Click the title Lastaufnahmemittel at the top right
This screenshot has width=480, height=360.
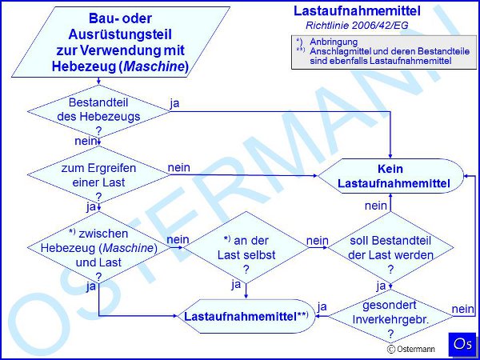click(357, 11)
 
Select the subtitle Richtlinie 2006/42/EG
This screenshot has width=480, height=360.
click(357, 26)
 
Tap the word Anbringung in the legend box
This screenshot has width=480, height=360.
click(334, 42)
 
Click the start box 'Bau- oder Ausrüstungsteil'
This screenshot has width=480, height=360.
click(121, 42)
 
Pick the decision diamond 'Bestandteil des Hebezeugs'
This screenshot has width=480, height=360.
click(98, 111)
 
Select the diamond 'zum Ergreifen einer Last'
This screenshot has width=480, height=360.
click(98, 174)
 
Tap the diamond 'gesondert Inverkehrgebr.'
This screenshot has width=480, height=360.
click(390, 317)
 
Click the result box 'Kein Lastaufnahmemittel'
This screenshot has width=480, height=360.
click(390, 176)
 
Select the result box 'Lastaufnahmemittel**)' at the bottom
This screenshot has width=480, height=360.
click(246, 317)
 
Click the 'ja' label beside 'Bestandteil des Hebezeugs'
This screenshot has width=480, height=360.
click(174, 103)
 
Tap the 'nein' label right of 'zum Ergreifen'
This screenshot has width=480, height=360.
click(178, 167)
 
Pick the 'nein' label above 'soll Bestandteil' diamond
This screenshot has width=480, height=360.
click(376, 206)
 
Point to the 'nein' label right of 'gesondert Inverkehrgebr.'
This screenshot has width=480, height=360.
click(463, 309)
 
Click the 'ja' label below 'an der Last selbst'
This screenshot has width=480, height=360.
click(236, 286)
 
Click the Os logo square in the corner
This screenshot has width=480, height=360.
click(462, 344)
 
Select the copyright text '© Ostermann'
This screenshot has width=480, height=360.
click(411, 349)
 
